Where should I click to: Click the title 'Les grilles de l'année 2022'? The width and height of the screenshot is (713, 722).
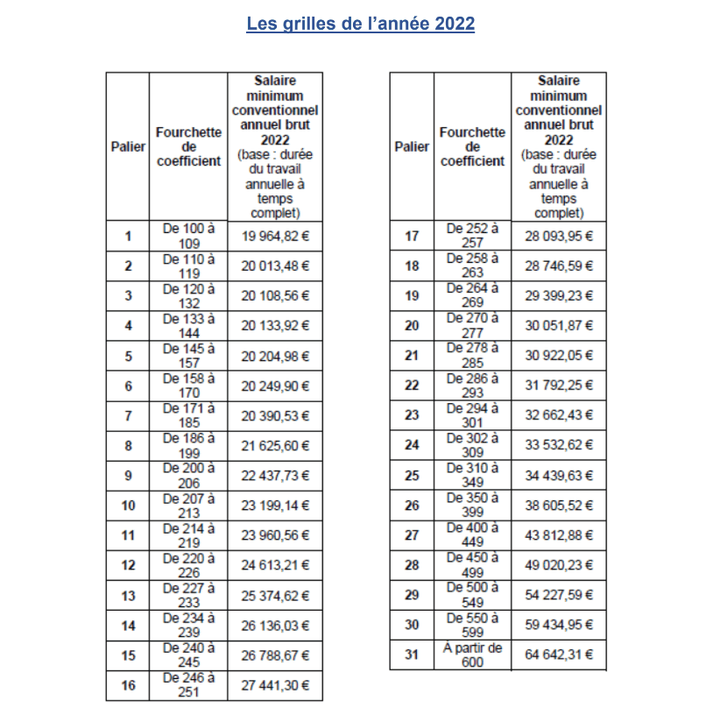click(360, 24)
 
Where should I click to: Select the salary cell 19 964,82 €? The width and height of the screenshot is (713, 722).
click(275, 236)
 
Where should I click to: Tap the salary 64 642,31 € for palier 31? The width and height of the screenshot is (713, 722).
click(559, 655)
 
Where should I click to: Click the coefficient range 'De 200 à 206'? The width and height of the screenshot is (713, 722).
click(188, 475)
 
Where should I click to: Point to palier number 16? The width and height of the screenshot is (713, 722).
click(128, 685)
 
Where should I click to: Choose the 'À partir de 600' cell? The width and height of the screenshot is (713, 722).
click(472, 655)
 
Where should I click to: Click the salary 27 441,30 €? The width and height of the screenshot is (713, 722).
click(275, 685)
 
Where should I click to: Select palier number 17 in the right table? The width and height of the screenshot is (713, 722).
click(412, 236)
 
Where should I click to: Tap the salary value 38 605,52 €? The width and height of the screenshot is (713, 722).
click(559, 506)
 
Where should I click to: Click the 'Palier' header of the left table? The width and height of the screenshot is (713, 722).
click(128, 146)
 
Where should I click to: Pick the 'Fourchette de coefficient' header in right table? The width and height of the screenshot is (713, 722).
click(472, 146)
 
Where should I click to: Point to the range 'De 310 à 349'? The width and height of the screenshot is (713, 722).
click(472, 475)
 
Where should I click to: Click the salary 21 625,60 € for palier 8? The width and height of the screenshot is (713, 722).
click(275, 445)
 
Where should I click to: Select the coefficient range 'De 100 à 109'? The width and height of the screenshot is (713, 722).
click(188, 236)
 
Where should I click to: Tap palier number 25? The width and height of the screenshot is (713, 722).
click(412, 476)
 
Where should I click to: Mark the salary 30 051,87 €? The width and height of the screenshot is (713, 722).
click(559, 326)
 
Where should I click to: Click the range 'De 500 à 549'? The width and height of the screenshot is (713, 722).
click(472, 595)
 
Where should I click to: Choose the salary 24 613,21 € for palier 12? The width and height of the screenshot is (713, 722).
click(275, 565)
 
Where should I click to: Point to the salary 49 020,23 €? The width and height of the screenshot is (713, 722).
click(559, 565)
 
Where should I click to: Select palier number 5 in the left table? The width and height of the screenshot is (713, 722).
click(128, 356)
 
